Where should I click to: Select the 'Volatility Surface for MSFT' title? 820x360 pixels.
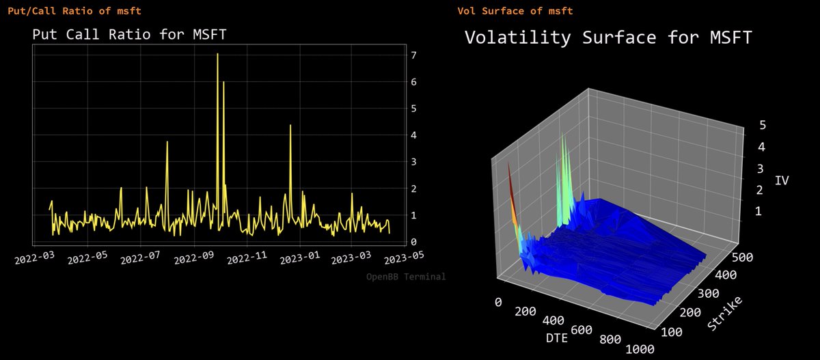click(608, 38)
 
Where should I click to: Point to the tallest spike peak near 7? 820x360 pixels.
click(217, 54)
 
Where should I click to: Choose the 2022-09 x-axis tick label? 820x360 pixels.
click(193, 259)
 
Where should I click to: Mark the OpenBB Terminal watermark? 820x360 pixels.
click(406, 277)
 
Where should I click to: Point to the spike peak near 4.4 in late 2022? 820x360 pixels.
click(290, 125)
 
